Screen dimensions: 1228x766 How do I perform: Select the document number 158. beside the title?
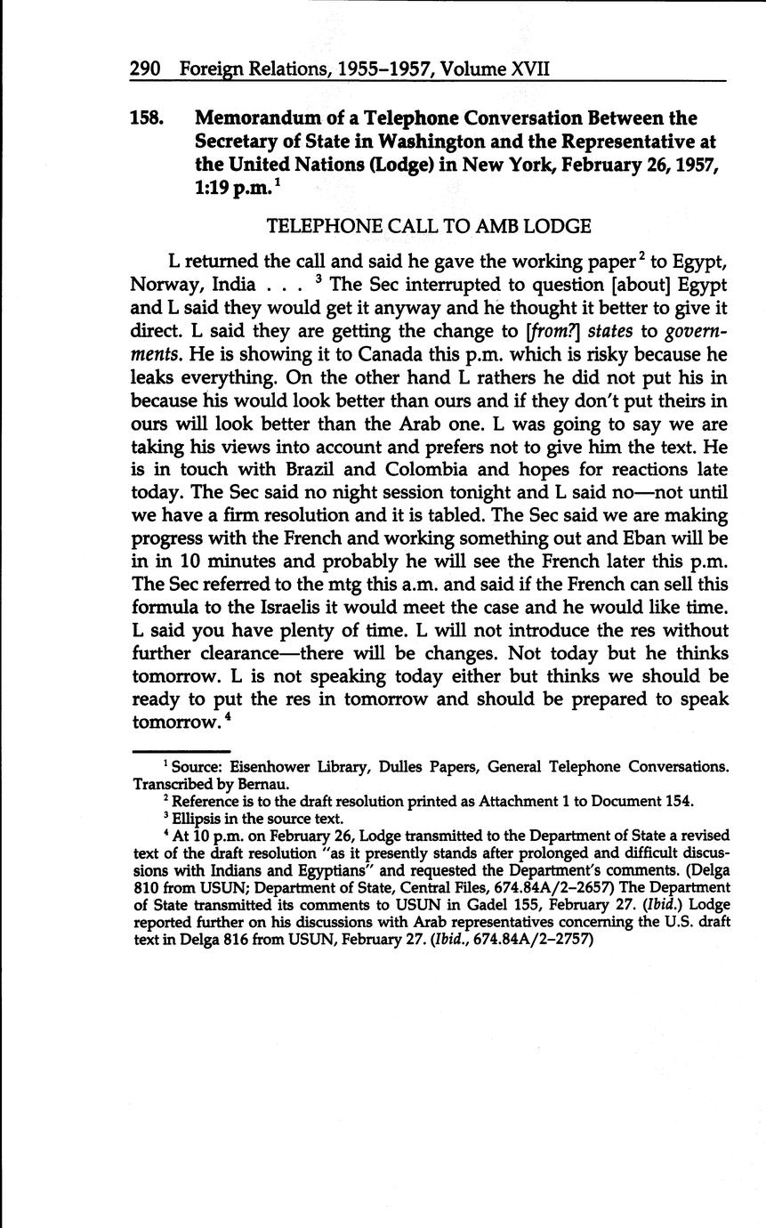148,118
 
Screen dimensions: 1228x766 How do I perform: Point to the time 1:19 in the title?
216,188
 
